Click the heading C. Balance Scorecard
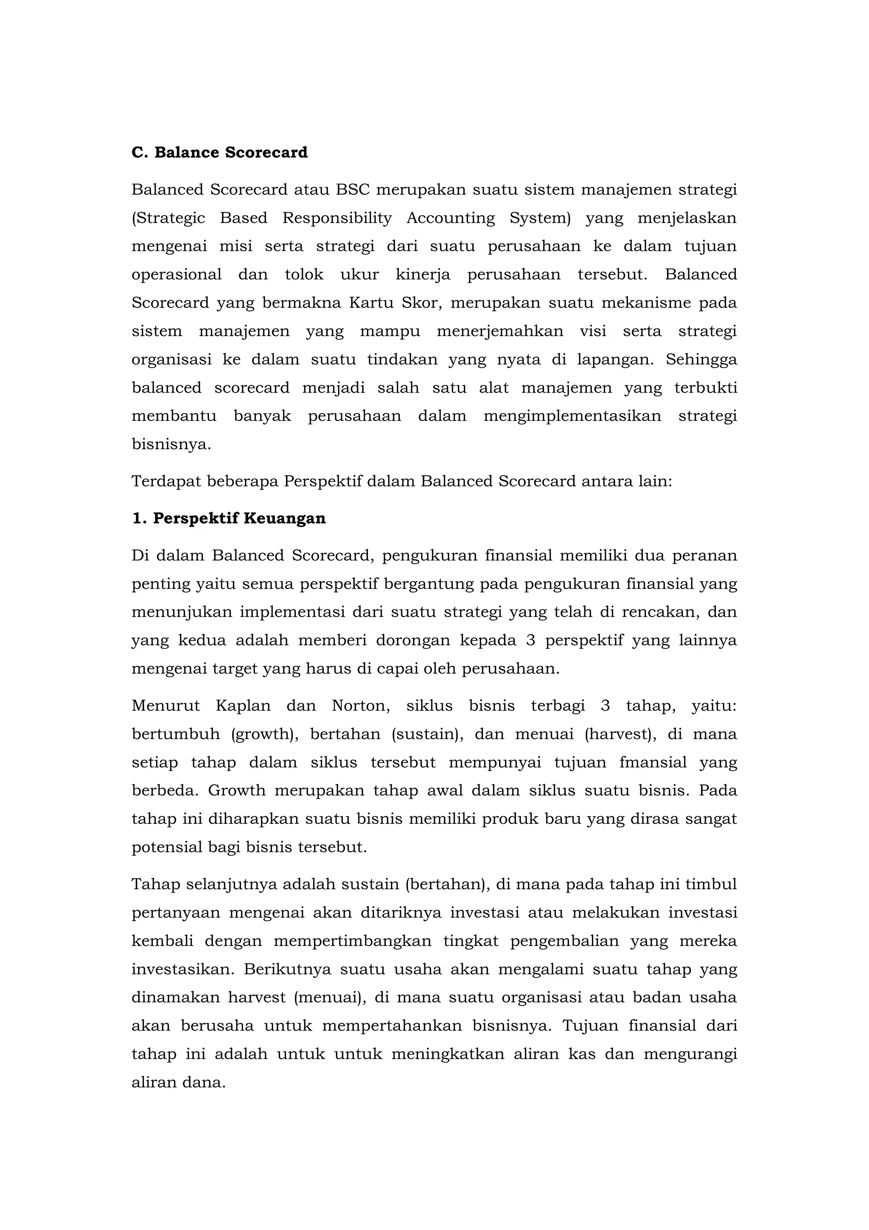point(219,153)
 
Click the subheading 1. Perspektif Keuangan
point(229,519)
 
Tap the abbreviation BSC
point(353,190)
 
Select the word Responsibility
point(337,218)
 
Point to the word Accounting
point(451,218)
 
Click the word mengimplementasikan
point(572,416)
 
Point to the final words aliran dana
point(178,1083)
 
